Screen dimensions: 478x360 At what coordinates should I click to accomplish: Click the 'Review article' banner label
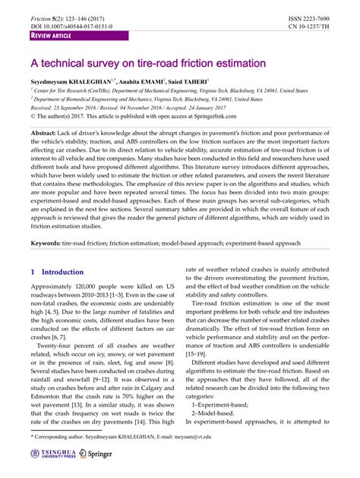pyautogui.click(x=52, y=36)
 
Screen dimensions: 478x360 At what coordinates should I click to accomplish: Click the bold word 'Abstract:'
pyautogui.click(x=46, y=134)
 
